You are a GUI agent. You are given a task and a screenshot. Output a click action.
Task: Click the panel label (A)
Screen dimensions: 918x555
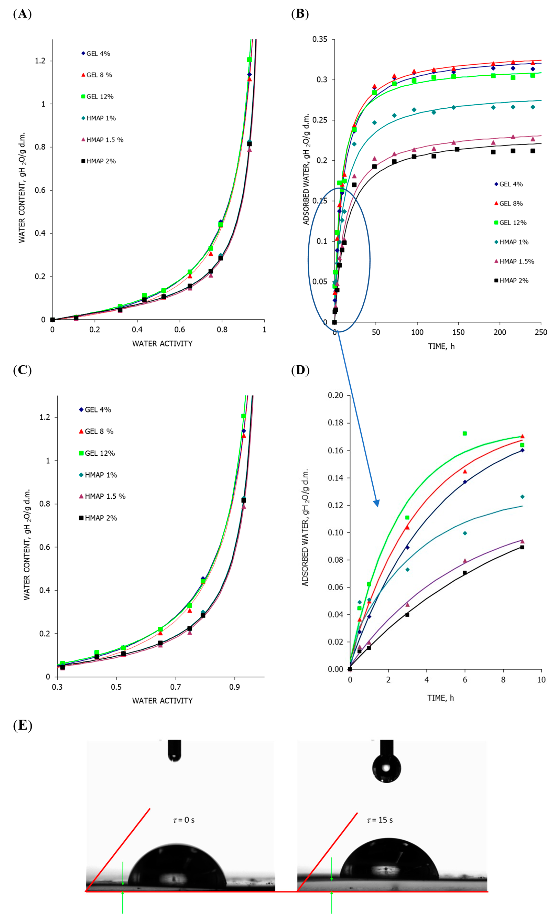[x=22, y=14]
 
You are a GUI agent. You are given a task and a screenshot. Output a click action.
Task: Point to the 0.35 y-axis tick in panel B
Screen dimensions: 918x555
[x=320, y=39]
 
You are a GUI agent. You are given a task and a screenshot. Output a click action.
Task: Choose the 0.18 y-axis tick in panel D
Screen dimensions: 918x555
[x=335, y=423]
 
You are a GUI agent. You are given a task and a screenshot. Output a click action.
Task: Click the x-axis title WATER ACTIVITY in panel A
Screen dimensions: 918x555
[x=162, y=344]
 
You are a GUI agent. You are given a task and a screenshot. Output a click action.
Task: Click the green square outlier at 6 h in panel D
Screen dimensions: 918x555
[x=465, y=433]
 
